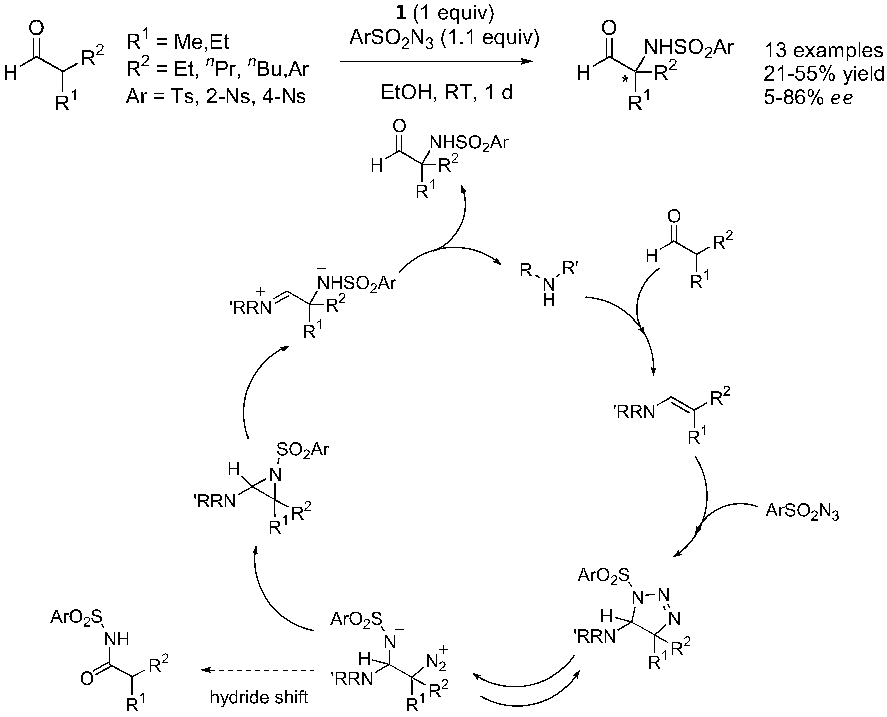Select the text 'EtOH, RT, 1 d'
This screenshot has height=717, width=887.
(446, 93)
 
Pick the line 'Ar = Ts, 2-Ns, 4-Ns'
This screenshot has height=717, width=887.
(216, 97)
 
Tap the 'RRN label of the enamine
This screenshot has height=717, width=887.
(634, 412)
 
